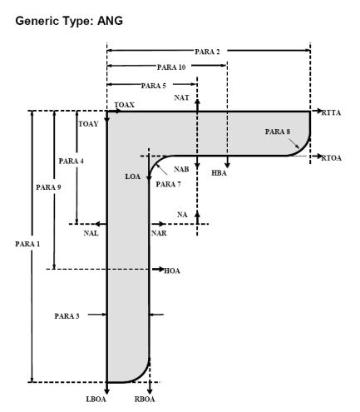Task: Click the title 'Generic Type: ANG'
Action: (69, 21)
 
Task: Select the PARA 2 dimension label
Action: (207, 52)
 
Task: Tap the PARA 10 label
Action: (171, 67)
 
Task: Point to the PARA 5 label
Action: (154, 86)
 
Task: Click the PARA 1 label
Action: (27, 244)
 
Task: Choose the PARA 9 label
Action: (48, 187)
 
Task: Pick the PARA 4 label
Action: (72, 161)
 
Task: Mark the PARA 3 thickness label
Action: (67, 316)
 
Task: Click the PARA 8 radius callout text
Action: (278, 132)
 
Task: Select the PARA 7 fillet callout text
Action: (168, 184)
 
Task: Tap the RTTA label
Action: (331, 113)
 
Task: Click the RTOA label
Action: (332, 158)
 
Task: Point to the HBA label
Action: (219, 173)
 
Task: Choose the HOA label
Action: (172, 271)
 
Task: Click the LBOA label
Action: (96, 400)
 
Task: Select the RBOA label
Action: (145, 400)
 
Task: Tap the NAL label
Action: (91, 233)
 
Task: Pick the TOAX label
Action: (125, 105)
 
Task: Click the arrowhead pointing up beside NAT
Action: (197, 102)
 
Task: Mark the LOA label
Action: (133, 176)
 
